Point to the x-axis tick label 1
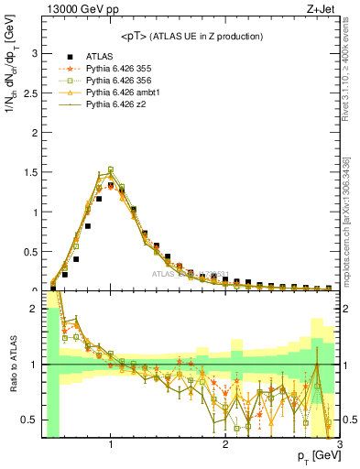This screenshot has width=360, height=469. (111, 444)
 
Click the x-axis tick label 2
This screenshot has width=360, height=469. (225, 444)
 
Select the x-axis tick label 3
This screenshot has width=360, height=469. (339, 444)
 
